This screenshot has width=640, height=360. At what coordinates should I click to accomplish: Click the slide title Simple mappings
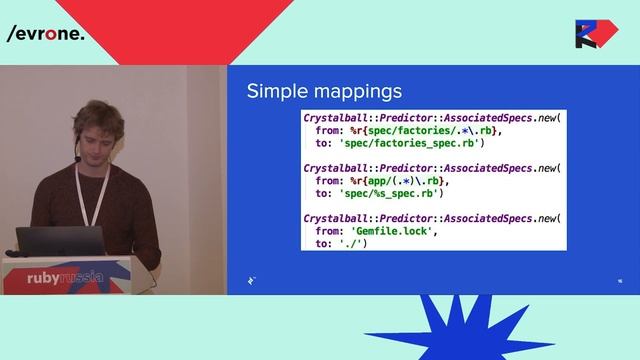click(x=324, y=91)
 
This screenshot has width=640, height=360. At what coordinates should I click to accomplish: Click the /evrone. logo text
click(x=45, y=33)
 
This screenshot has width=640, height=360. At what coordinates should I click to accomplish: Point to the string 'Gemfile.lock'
click(x=380, y=231)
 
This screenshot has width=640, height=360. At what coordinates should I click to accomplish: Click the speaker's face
click(x=99, y=135)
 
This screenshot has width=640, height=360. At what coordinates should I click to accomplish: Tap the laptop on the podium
click(x=60, y=241)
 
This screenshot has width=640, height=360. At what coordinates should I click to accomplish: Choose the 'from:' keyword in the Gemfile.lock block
click(x=329, y=231)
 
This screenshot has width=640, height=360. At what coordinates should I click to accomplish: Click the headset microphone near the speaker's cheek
click(x=77, y=157)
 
